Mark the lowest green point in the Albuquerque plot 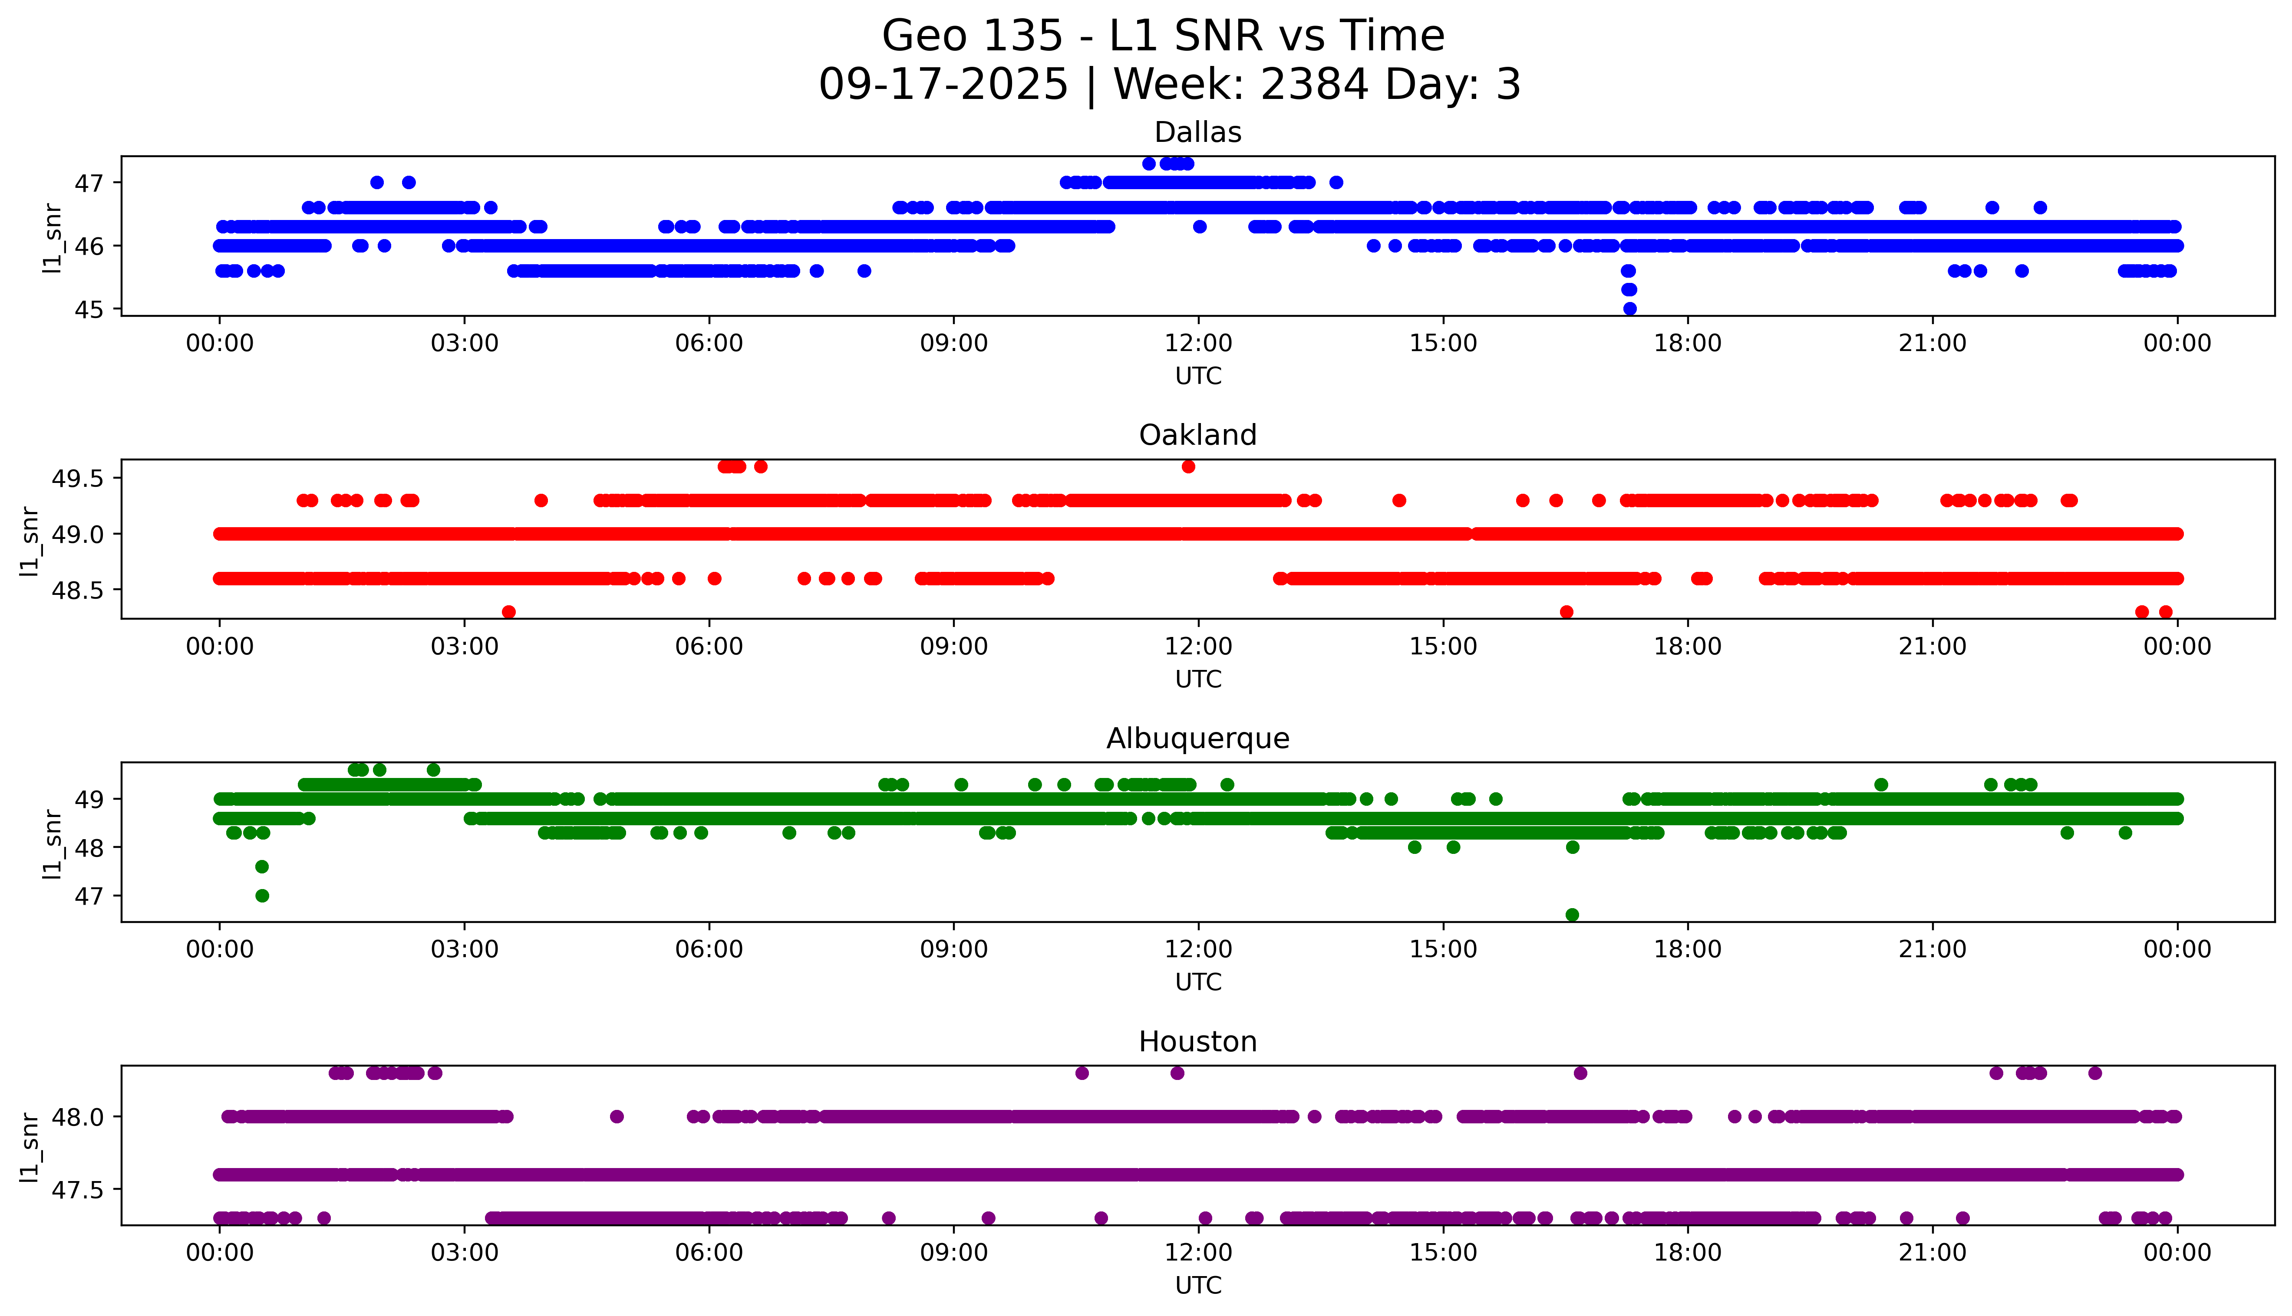(x=1572, y=915)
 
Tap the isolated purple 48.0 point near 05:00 (x=617, y=1116)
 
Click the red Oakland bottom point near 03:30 (x=509, y=612)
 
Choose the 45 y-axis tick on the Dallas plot (x=93, y=309)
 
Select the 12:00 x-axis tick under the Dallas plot (x=1198, y=344)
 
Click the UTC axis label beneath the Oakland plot (x=1198, y=679)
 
